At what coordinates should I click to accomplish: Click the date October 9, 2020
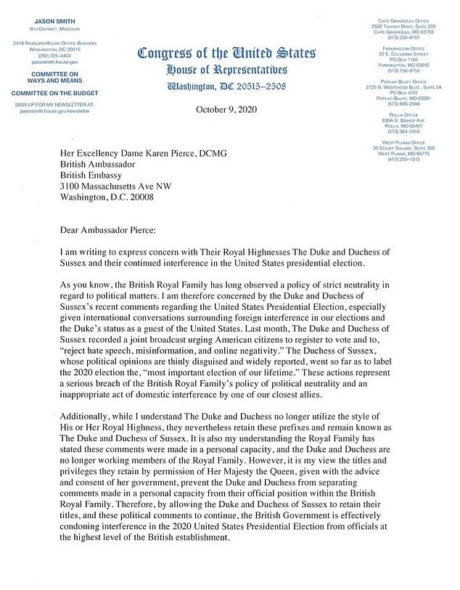(x=226, y=110)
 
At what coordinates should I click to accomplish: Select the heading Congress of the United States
(x=226, y=53)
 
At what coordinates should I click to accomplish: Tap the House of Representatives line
(x=226, y=70)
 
